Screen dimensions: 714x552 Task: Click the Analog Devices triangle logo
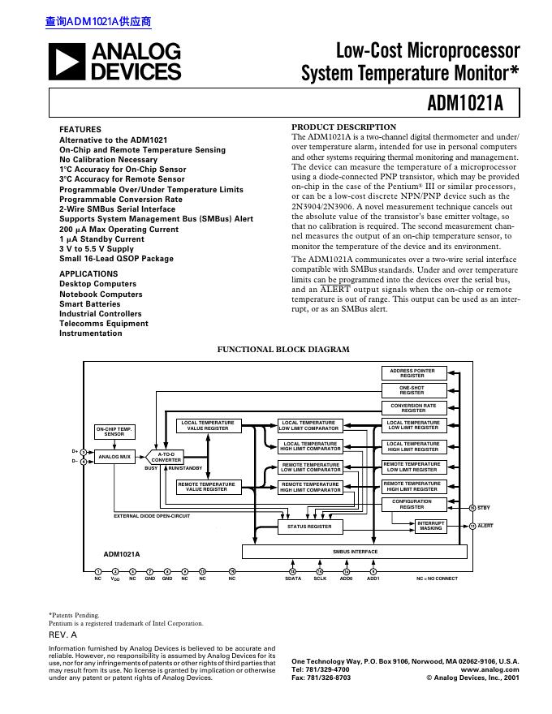68,62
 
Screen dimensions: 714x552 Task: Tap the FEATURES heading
80,130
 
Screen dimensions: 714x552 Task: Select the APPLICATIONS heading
88,274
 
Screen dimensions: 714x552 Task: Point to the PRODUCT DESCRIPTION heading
343,127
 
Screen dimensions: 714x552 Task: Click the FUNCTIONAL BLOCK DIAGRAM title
283,350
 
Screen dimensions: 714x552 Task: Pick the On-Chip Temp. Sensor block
114,432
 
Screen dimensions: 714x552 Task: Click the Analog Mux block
114,457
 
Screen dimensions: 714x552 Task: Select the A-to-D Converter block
166,457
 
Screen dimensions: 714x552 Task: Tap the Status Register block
309,527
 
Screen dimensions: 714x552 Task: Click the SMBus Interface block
356,552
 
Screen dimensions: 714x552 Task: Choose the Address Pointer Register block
412,373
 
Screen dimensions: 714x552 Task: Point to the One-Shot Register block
412,390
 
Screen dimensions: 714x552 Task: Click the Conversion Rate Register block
412,408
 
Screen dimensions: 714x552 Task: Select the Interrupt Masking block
431,526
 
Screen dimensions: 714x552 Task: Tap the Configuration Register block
412,505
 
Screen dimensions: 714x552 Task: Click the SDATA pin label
293,579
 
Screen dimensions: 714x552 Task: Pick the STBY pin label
484,508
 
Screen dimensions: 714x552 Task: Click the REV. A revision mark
63,635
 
